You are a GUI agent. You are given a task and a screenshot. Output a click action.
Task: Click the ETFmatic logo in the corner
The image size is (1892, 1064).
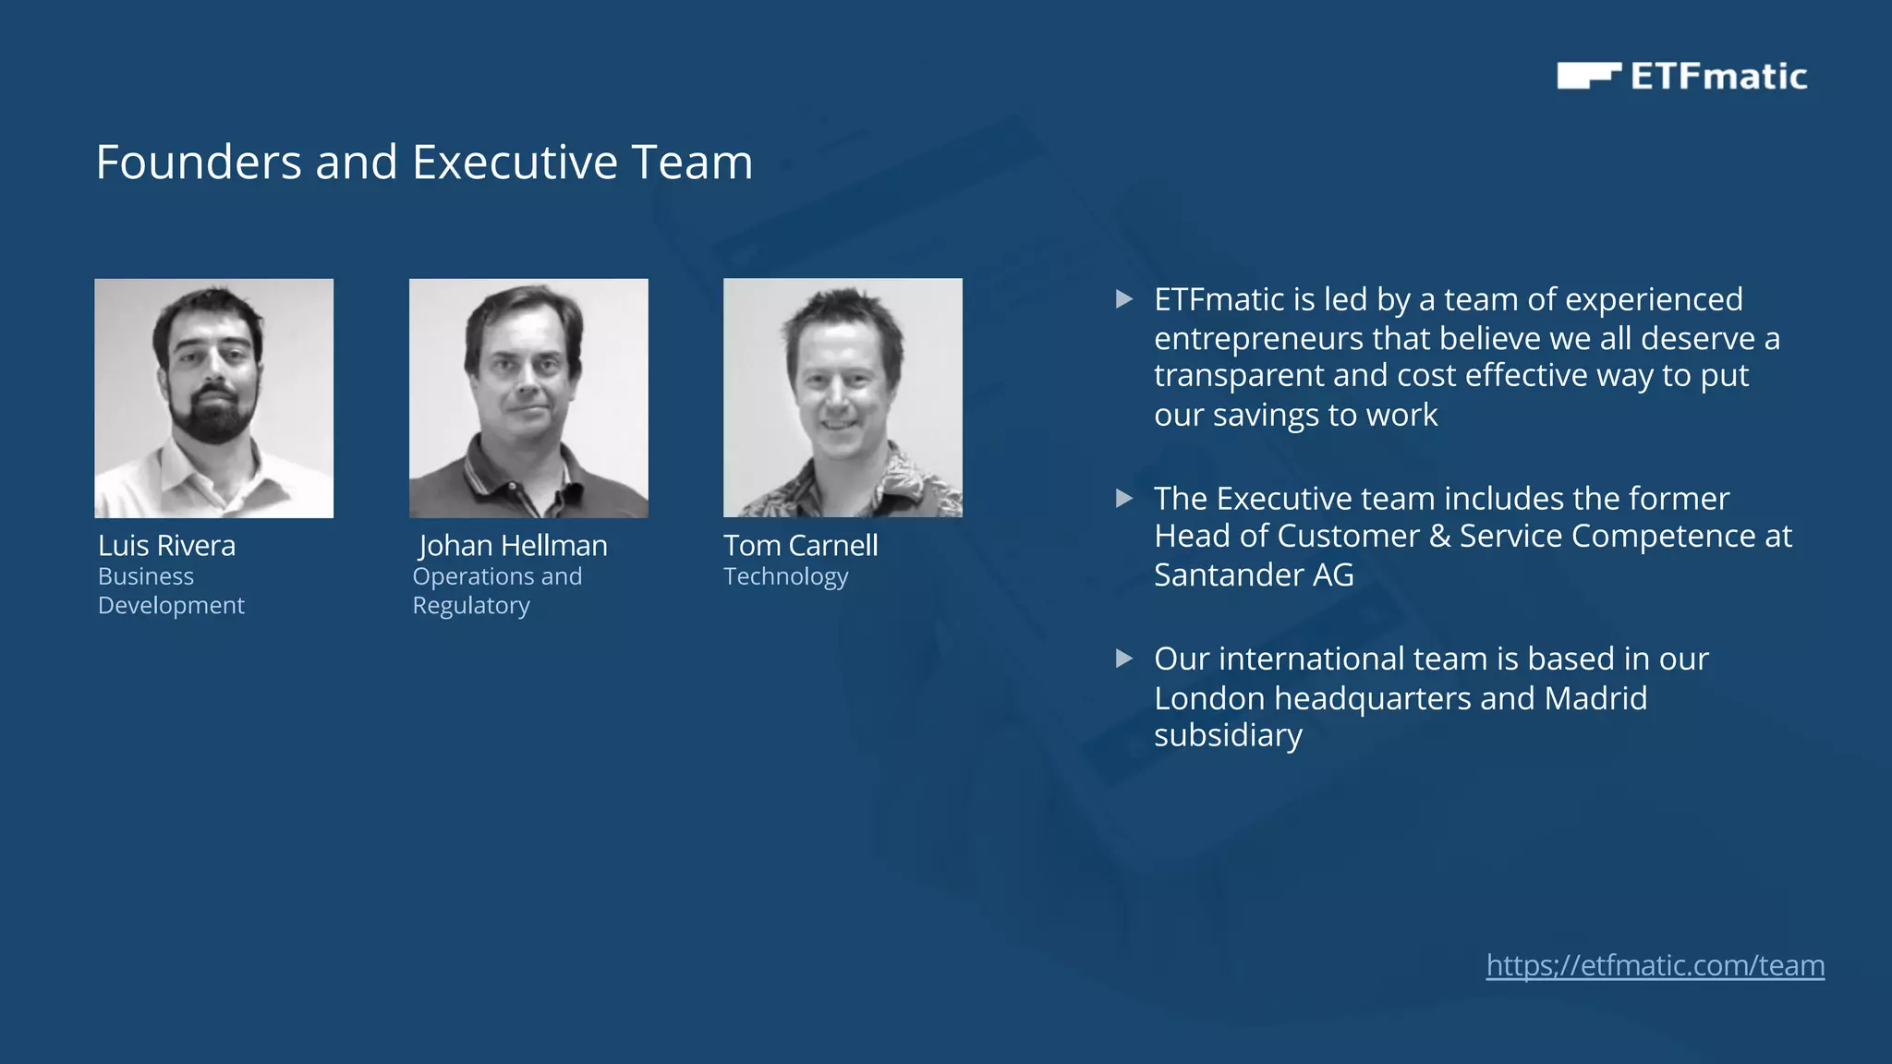[x=1681, y=76]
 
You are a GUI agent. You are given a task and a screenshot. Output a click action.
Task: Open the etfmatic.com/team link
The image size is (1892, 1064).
[x=1655, y=965]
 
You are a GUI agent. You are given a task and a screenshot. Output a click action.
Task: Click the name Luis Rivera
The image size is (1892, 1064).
[x=166, y=546]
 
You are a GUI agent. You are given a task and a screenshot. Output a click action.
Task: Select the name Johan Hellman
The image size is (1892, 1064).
[x=513, y=546]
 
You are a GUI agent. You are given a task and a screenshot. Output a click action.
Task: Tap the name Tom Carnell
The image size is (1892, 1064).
[x=800, y=546]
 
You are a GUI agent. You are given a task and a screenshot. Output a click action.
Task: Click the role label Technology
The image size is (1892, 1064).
[x=785, y=576]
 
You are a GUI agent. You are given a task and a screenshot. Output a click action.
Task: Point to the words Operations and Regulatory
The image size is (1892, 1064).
[x=497, y=590]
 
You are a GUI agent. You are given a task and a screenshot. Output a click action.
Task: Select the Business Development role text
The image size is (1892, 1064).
[x=171, y=590]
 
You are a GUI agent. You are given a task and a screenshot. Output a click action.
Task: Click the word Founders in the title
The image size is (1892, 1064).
[x=199, y=163]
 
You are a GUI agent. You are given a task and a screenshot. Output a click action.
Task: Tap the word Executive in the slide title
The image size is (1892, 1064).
[x=515, y=163]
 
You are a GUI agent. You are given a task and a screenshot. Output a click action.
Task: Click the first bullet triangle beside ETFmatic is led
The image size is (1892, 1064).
[x=1123, y=299]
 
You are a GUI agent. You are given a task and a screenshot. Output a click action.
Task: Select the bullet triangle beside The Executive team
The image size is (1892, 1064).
[x=1123, y=499]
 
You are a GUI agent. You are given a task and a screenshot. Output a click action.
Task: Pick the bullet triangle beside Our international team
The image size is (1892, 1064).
[x=1123, y=659]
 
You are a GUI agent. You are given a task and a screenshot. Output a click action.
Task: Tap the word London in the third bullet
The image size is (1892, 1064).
[x=1209, y=698]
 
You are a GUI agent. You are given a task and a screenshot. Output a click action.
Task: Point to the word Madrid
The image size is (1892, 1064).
[x=1595, y=698]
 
